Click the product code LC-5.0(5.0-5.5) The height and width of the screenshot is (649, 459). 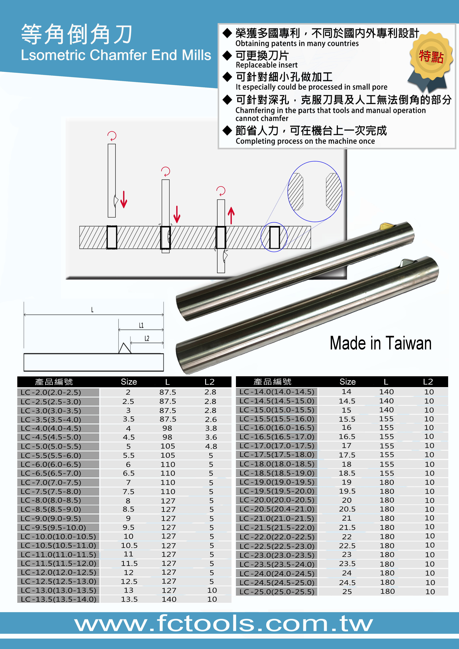(x=51, y=446)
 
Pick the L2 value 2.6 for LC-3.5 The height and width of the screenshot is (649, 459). (x=211, y=419)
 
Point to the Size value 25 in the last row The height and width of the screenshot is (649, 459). (x=347, y=592)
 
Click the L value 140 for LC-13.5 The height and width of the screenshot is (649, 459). (x=169, y=599)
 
